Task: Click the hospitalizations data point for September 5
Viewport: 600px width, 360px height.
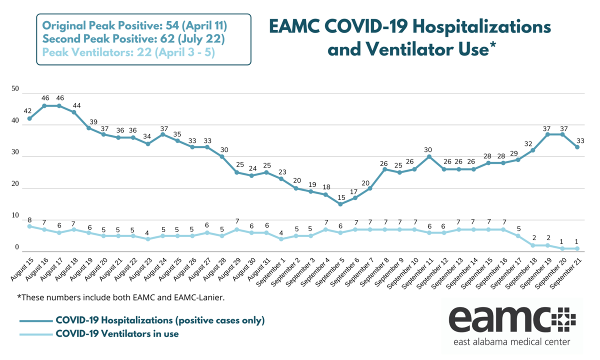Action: coord(340,204)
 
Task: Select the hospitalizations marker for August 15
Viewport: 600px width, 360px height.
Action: coord(29,118)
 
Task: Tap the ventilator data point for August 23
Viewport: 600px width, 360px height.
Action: coord(148,239)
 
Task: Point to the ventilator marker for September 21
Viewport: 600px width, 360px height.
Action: coord(577,248)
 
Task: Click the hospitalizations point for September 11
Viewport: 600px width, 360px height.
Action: coord(429,156)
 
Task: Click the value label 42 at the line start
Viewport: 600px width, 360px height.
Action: coord(28,110)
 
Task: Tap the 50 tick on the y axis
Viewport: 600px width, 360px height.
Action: coord(15,89)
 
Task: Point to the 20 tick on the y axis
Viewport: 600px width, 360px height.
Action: coord(15,184)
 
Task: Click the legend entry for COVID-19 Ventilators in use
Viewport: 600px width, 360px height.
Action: coord(117,333)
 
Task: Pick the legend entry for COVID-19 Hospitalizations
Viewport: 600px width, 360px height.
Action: coord(160,320)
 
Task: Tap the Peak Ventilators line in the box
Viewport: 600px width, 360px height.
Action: coord(128,51)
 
